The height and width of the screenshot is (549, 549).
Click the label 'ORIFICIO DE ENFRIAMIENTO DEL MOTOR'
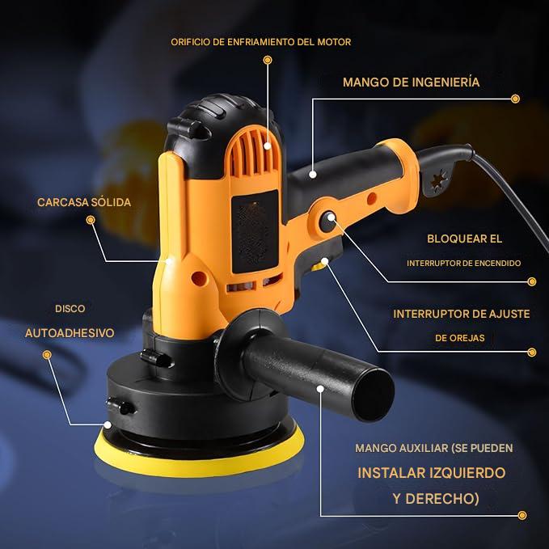pos(261,42)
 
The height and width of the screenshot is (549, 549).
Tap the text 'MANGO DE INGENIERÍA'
pos(411,82)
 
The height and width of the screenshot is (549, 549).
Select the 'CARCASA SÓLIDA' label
pos(84,202)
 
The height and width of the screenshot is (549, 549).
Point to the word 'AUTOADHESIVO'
pos(70,332)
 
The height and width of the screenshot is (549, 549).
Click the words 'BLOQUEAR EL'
pos(464,239)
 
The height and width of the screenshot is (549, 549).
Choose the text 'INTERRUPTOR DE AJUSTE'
pos(462,314)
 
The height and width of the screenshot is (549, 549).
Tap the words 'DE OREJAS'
pos(460,338)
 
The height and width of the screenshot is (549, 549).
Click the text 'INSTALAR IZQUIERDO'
pos(432,473)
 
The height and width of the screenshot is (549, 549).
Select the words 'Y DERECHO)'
pos(436,499)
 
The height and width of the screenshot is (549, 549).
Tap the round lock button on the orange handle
pos(328,222)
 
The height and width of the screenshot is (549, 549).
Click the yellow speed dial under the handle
pos(319,267)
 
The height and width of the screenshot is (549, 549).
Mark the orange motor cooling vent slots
pos(253,150)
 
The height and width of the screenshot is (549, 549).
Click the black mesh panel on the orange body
pos(255,232)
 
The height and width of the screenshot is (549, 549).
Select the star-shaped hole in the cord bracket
pos(439,180)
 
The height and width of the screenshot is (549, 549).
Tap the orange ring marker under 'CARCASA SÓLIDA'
pos(91,220)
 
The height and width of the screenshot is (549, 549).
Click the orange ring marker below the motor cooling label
pos(268,60)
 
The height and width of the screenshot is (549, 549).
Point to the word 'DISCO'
pos(70,309)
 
